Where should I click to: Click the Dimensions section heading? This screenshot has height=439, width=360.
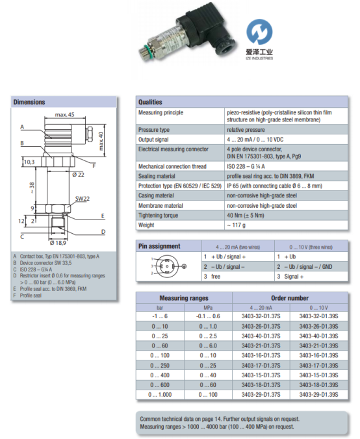coord(30,102)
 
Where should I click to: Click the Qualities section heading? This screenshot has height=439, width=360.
coord(150,102)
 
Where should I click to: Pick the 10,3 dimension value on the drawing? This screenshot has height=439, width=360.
coord(29,161)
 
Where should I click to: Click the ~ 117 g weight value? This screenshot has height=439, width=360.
coord(238,225)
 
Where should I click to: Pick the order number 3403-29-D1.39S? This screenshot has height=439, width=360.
coord(318,394)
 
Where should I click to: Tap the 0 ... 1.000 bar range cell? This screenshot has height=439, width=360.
coord(159,394)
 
